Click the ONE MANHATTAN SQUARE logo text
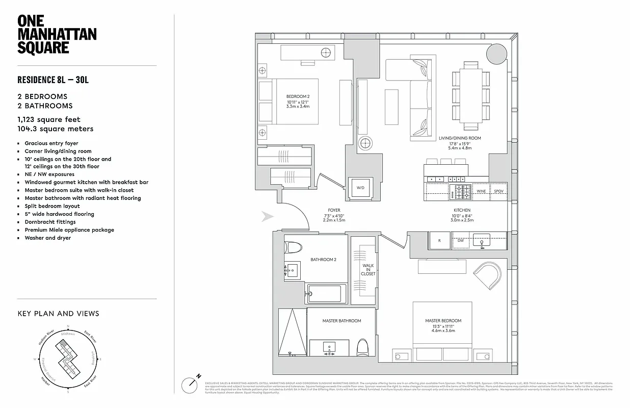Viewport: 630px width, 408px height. (x=57, y=34)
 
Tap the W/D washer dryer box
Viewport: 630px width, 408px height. (x=360, y=187)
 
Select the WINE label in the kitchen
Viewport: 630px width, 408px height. (x=481, y=191)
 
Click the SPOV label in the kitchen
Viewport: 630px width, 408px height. (x=498, y=191)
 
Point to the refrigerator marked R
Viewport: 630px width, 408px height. (x=439, y=240)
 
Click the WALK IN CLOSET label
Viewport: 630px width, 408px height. (x=368, y=270)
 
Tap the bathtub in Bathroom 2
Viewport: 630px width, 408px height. (x=325, y=294)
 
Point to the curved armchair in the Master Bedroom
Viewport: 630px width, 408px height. (x=488, y=274)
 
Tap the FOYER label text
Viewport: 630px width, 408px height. (x=334, y=210)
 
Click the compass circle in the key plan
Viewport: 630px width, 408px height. (x=68, y=360)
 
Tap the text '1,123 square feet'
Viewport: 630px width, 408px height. (x=49, y=119)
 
